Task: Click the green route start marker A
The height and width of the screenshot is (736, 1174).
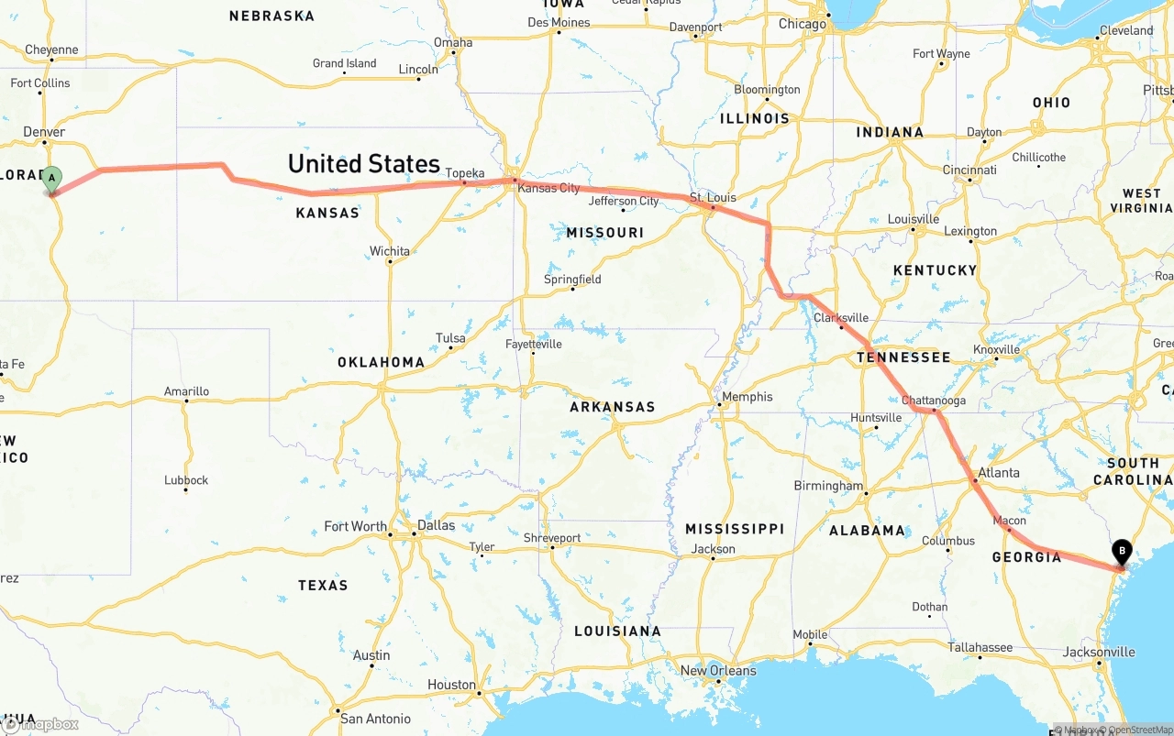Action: [x=52, y=178]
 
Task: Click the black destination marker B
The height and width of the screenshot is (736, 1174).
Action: [x=1121, y=551]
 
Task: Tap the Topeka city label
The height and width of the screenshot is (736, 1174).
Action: [x=465, y=173]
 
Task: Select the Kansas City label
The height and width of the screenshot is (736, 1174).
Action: [x=548, y=188]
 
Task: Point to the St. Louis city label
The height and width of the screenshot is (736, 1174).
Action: [x=714, y=197]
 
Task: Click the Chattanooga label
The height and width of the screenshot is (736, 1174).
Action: [x=934, y=401]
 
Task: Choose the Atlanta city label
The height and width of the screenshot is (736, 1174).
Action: [x=999, y=473]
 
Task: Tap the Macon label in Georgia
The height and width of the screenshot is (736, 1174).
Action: [x=1010, y=521]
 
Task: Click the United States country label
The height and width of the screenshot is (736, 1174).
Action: [x=364, y=164]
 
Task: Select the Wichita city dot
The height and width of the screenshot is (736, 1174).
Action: [x=390, y=262]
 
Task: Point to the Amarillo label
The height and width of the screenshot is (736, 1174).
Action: [x=186, y=391]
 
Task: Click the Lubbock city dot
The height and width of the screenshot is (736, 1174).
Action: [x=185, y=490]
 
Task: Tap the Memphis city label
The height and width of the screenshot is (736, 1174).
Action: [x=748, y=397]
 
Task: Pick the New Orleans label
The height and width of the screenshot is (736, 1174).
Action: [x=718, y=670]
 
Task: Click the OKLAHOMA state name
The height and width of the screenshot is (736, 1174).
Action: [x=381, y=362]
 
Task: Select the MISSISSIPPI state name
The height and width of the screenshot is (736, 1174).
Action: [x=735, y=529]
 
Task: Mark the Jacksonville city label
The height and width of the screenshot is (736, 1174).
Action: [x=1099, y=653]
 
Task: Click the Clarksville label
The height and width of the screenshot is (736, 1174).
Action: [x=841, y=318]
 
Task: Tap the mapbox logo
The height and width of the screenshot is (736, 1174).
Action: [x=40, y=724]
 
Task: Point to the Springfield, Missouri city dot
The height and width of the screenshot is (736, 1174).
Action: [x=572, y=290]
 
